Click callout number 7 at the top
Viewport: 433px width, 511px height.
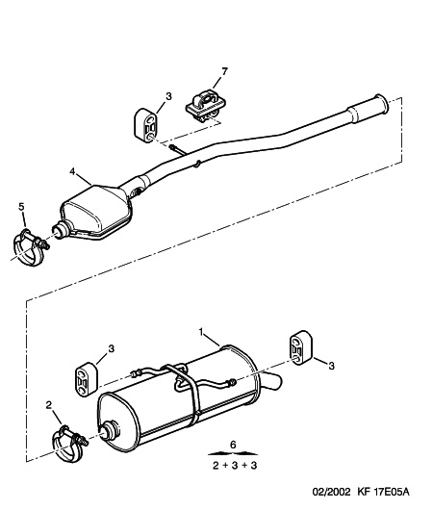pos(224,71)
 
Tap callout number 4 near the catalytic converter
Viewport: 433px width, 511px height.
pos(72,171)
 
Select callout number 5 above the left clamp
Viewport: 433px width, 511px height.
pos(21,207)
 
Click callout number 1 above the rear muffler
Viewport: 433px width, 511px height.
pos(201,332)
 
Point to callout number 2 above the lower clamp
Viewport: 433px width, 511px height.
pos(49,405)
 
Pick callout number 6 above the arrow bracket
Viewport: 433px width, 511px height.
pos(233,445)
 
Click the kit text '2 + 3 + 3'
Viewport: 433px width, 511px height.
pos(235,466)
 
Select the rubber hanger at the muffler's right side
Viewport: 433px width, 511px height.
pos(301,348)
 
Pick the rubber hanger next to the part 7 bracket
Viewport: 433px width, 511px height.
pos(145,125)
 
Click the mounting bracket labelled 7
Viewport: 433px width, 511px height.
pos(206,107)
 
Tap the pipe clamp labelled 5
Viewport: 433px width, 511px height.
pos(30,247)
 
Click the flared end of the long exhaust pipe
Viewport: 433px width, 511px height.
pos(381,105)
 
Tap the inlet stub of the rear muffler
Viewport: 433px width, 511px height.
pos(110,431)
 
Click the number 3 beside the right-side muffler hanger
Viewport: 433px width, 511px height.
pos(331,366)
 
